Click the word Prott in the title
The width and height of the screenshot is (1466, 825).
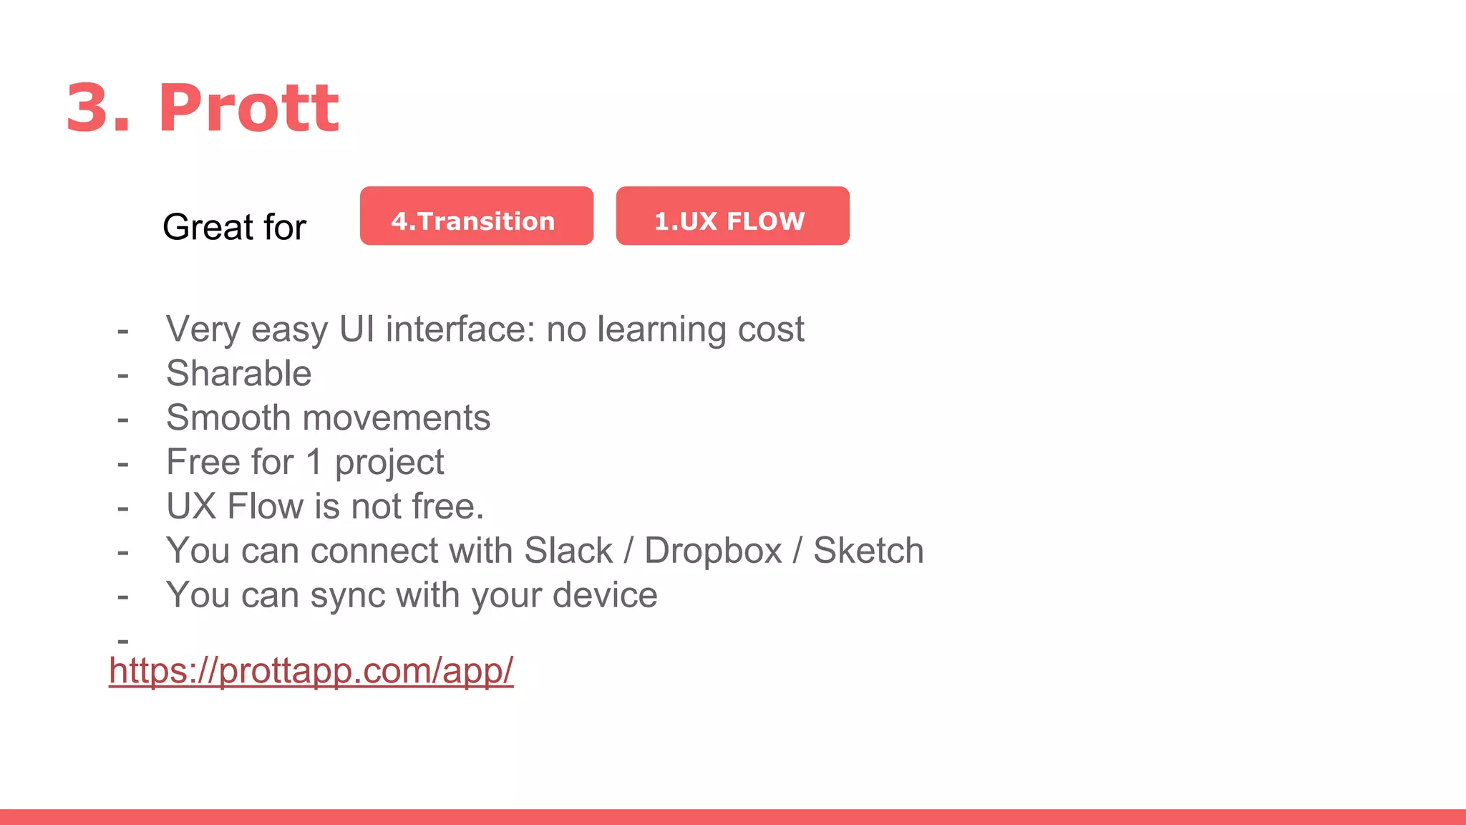point(248,108)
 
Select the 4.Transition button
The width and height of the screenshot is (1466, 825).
point(476,216)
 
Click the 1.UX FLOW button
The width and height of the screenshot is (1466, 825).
point(732,216)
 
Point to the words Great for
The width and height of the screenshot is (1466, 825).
point(234,227)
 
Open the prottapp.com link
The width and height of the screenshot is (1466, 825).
point(311,671)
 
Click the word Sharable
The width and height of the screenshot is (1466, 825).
point(238,373)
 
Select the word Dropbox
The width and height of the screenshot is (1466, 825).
point(713,551)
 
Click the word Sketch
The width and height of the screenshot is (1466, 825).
point(868,551)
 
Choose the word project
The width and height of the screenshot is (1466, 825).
point(389,463)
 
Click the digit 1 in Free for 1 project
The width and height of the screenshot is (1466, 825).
point(314,462)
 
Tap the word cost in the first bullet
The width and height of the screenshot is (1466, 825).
point(771,329)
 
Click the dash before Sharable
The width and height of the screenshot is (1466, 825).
point(123,375)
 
